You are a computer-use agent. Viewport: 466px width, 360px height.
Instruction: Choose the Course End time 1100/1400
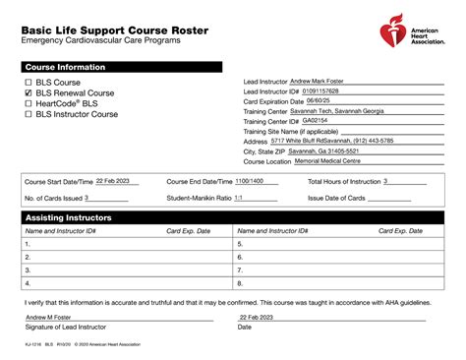(x=249, y=181)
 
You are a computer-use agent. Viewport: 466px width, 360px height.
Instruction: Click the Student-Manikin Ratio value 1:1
(x=237, y=197)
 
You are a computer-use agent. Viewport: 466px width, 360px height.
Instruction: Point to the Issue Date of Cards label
(x=336, y=198)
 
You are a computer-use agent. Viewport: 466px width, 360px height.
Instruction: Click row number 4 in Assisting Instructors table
(x=28, y=282)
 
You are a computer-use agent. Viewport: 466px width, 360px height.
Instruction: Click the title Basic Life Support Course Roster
(x=113, y=30)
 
